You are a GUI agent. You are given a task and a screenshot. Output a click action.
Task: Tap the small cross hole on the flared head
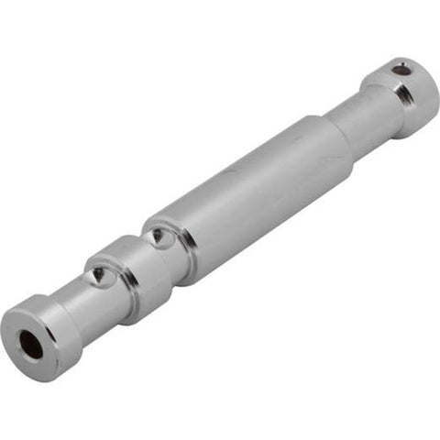401,68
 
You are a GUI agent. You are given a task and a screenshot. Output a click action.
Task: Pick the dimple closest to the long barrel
160,236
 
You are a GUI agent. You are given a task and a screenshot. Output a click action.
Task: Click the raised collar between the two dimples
128,270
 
